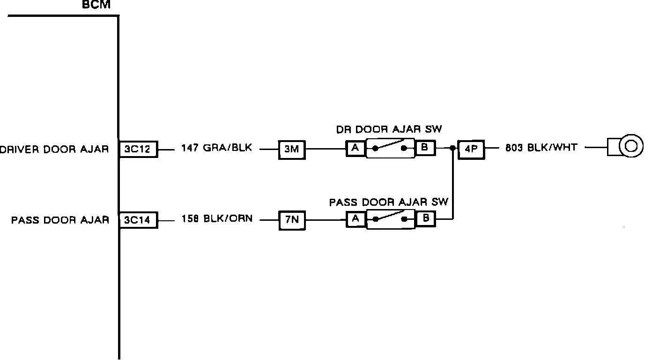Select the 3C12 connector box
pos(138,150)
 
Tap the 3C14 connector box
pos(138,220)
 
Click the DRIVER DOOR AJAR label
pos(54,150)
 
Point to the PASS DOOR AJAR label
pos(60,220)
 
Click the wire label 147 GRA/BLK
pos(216,149)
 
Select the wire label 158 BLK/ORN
pos(217,219)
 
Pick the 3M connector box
pos(291,150)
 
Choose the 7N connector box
pos(291,220)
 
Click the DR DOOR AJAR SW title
pos(389,130)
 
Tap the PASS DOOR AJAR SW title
pos(389,202)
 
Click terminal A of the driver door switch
pos(355,149)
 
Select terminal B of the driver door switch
pos(425,149)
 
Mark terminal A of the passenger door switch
pos(355,218)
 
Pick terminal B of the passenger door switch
pos(425,218)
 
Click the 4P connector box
pos(471,150)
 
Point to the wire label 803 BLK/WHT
pos(541,148)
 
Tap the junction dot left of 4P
pos(452,149)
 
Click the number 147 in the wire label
pos(189,149)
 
